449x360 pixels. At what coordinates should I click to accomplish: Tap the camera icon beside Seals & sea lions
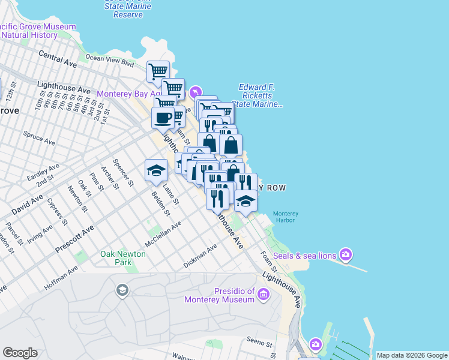click(346, 255)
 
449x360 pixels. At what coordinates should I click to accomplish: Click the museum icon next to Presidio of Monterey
click(264, 293)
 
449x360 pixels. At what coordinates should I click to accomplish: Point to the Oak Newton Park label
click(123, 258)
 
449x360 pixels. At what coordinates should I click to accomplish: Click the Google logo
click(20, 353)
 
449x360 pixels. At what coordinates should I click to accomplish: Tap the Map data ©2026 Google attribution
click(412, 355)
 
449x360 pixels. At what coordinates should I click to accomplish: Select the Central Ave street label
click(58, 58)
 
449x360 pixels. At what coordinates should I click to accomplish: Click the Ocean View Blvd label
click(109, 59)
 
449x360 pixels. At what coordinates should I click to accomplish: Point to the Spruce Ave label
click(39, 139)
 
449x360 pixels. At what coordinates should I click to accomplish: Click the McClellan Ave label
click(163, 234)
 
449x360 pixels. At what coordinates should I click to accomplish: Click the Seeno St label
click(260, 344)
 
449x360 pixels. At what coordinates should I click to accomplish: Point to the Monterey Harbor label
click(285, 218)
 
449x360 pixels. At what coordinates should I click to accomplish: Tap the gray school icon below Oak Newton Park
click(122, 291)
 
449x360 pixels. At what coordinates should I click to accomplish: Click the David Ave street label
click(27, 203)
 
